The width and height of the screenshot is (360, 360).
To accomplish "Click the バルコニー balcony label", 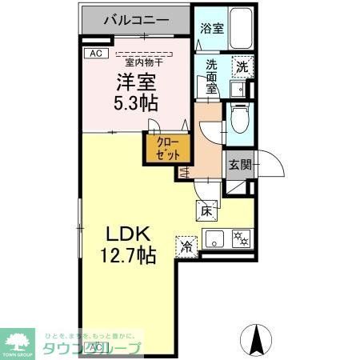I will [136, 18].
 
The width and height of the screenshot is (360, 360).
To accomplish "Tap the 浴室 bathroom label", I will [211, 26].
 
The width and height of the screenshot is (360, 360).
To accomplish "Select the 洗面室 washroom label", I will [211, 77].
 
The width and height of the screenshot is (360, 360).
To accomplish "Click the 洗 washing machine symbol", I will [242, 67].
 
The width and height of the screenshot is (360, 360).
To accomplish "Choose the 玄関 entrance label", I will [239, 165].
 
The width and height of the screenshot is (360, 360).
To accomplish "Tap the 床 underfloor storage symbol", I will [206, 211].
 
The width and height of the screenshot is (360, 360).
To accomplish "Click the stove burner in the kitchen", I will [240, 237].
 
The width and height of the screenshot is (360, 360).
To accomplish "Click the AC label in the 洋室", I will [94, 54].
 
